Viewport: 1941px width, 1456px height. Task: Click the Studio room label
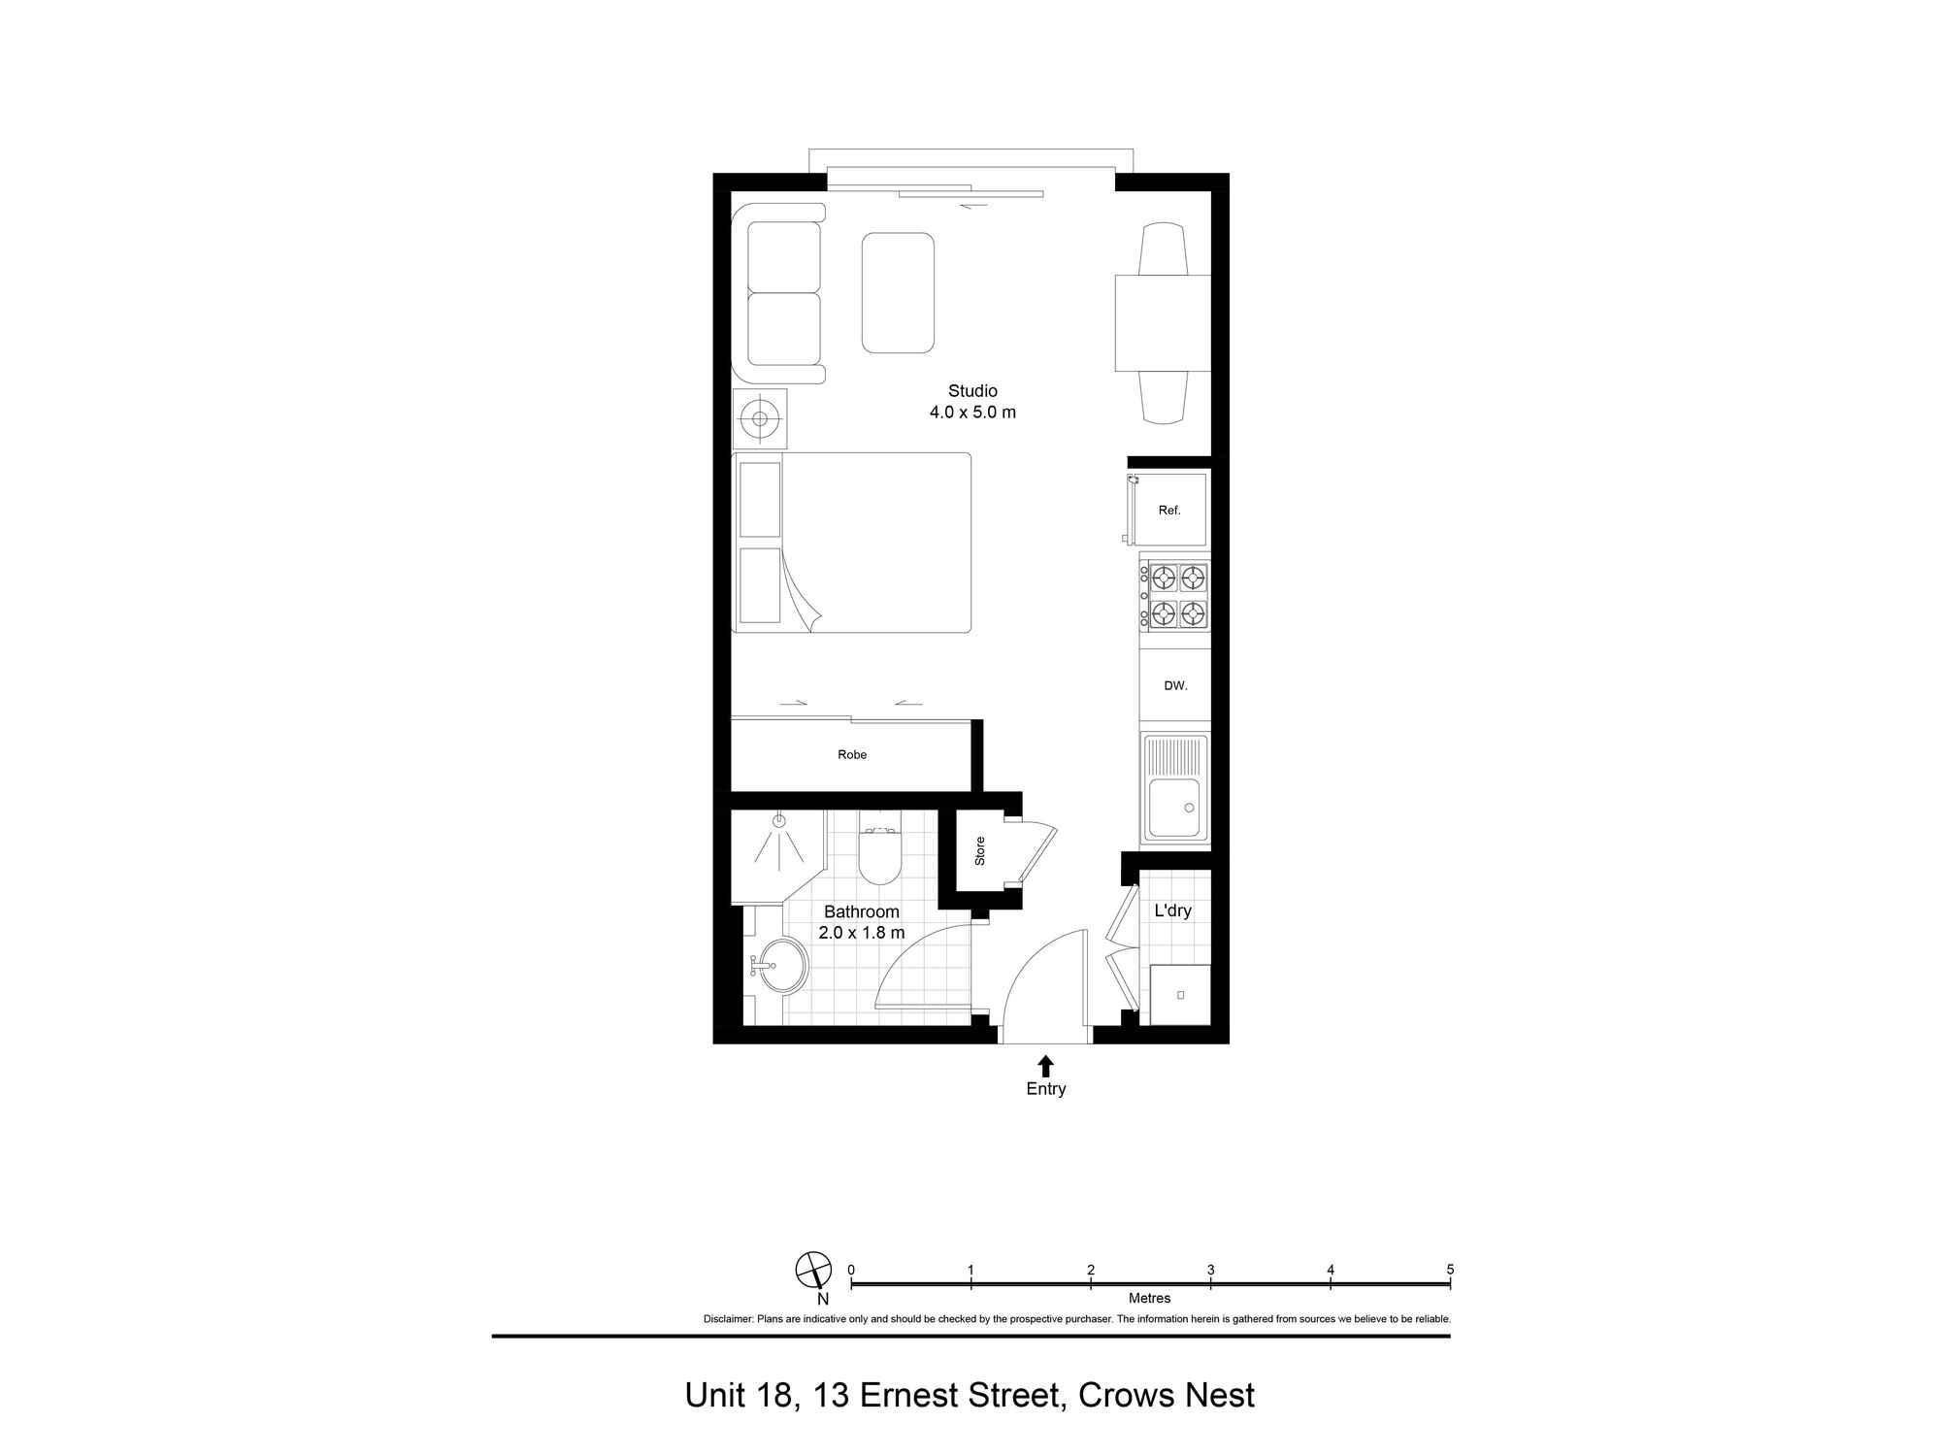click(x=972, y=390)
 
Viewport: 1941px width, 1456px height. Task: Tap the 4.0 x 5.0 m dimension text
click(x=972, y=412)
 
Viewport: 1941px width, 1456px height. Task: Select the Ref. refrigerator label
click(x=1169, y=511)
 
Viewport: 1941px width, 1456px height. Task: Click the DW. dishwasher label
click(x=1175, y=685)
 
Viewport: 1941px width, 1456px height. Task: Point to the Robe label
click(x=852, y=754)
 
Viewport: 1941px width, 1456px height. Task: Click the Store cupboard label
click(x=980, y=851)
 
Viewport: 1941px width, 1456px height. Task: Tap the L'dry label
click(x=1172, y=910)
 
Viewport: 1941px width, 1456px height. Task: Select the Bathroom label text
click(x=862, y=911)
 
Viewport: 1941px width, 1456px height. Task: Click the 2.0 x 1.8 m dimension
click(x=862, y=933)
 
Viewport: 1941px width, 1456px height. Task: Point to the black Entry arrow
click(x=1045, y=1066)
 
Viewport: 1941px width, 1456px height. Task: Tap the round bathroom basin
click(x=782, y=966)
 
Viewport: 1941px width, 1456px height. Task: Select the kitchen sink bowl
click(x=1174, y=808)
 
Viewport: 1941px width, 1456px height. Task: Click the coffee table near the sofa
click(x=898, y=292)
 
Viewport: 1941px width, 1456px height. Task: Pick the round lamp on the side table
click(x=760, y=419)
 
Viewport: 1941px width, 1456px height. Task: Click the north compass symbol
click(x=813, y=1270)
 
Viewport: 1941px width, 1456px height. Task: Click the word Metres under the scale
click(x=1149, y=1298)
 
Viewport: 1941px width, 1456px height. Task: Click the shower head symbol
click(x=778, y=820)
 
